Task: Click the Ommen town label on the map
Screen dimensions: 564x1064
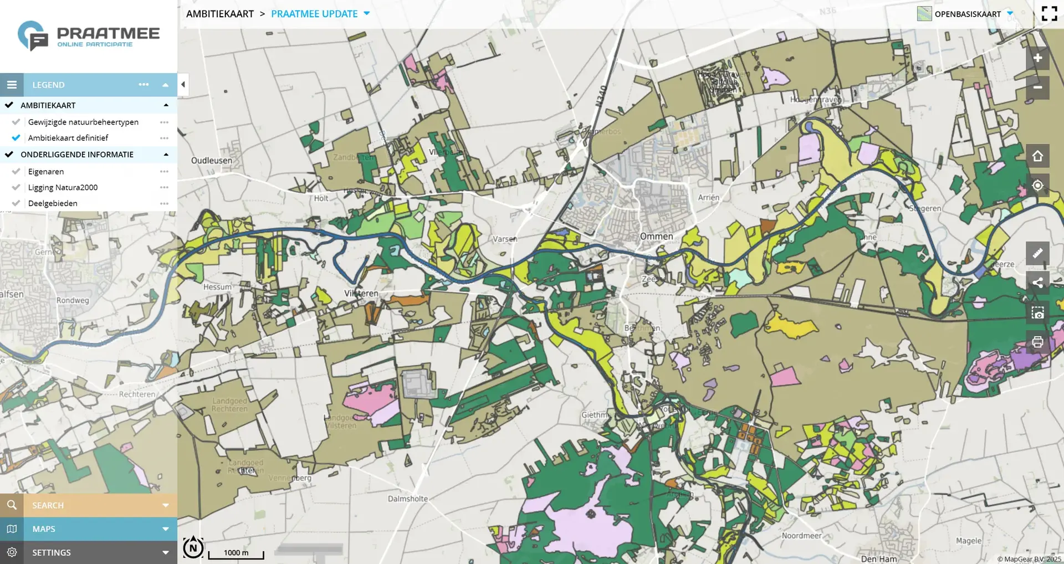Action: coord(656,237)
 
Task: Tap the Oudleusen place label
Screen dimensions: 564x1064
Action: coord(212,161)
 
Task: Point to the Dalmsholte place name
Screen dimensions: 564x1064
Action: coord(408,499)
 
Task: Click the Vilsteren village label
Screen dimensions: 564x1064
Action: coord(361,294)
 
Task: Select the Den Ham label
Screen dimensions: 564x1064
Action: coord(879,559)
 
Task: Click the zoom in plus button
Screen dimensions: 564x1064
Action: coord(1037,58)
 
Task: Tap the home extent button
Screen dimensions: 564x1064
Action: coord(1037,156)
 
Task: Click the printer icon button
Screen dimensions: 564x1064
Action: coord(1037,342)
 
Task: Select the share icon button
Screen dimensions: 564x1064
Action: coord(1037,283)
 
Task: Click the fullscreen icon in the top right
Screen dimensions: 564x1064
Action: coord(1049,13)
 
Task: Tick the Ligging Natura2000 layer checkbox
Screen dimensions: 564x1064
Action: coord(16,187)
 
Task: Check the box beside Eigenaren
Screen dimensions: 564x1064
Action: coord(16,172)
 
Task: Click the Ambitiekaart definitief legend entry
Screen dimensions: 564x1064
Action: coord(68,138)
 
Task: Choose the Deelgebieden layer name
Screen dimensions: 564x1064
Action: coord(53,203)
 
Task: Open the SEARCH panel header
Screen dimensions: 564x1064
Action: coord(89,505)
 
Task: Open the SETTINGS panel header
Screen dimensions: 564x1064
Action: coord(89,552)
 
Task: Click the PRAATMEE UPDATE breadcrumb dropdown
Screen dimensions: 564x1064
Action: coord(320,14)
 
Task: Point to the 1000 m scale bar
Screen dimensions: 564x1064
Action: coord(236,553)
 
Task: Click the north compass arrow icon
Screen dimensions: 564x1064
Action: coord(193,547)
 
